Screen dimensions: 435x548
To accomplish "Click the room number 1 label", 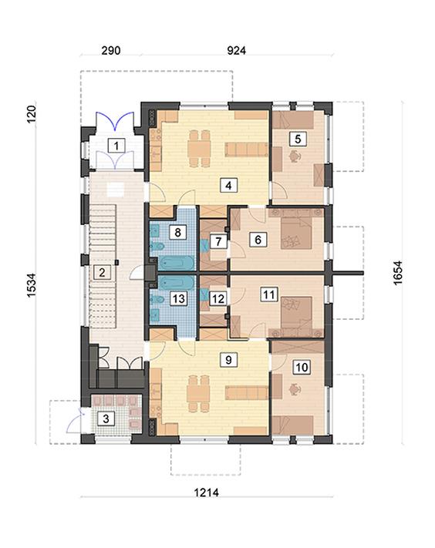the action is coord(116,145).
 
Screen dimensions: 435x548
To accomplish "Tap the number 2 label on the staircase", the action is coord(102,272).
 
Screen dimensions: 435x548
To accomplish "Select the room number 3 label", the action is coord(106,419).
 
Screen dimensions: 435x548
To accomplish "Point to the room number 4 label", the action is coord(229,185).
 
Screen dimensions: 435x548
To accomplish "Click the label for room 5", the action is coord(298,139).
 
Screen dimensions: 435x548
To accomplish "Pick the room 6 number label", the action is coord(258,240).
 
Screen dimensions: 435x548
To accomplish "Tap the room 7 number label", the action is coord(218,241).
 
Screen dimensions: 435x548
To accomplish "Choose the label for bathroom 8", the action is coord(178,232).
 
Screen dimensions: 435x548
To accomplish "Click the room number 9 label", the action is coord(229,360).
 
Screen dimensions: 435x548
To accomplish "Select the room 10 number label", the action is coord(302,368).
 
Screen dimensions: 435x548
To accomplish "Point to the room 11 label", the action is coord(269,294).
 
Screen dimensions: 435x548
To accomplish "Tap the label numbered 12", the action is coord(218,299).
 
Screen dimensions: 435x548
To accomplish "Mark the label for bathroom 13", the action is coord(179,299).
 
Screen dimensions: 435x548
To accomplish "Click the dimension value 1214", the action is coord(206,493).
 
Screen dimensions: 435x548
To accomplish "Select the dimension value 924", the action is coord(236,50).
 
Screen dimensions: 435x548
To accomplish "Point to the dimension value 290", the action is coord(111,50).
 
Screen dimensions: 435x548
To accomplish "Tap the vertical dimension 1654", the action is coord(398,273).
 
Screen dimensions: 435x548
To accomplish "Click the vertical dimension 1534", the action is coord(32,285).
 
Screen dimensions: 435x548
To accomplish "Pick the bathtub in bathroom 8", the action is coord(177,263).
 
